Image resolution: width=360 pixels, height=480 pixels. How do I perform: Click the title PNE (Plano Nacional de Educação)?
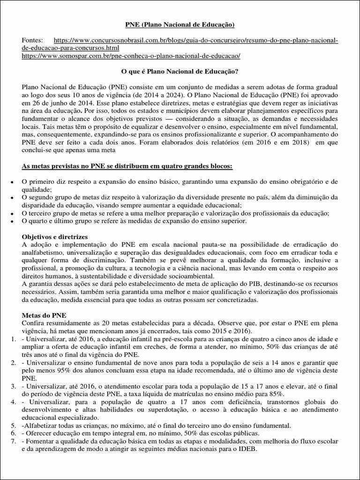180,24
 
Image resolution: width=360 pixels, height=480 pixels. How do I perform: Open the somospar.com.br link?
131,56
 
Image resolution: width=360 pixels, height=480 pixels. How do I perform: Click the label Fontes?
32,41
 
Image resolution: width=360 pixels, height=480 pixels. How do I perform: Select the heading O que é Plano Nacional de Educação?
180,72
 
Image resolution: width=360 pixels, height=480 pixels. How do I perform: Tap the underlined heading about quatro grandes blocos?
127,166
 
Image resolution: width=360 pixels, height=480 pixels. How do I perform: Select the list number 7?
14,441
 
